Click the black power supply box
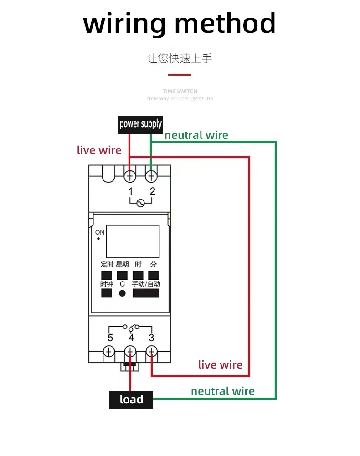pos(140,124)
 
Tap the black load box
pos(131,400)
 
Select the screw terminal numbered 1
pos(130,175)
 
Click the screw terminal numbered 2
pos(151,175)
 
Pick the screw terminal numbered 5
pos(109,352)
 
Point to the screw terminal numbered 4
pos(130,352)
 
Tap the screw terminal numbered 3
pos(151,352)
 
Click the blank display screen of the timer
pos(133,241)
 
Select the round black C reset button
pos(122,293)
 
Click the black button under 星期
pos(122,275)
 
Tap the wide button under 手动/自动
pos(145,293)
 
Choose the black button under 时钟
pos(106,293)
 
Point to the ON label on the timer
pos(100,232)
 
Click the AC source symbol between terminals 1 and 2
pos(141,204)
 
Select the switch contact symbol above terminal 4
pos(131,327)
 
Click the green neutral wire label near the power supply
pos(196,135)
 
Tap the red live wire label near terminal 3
pos(220,364)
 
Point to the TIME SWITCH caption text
pos(180,92)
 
